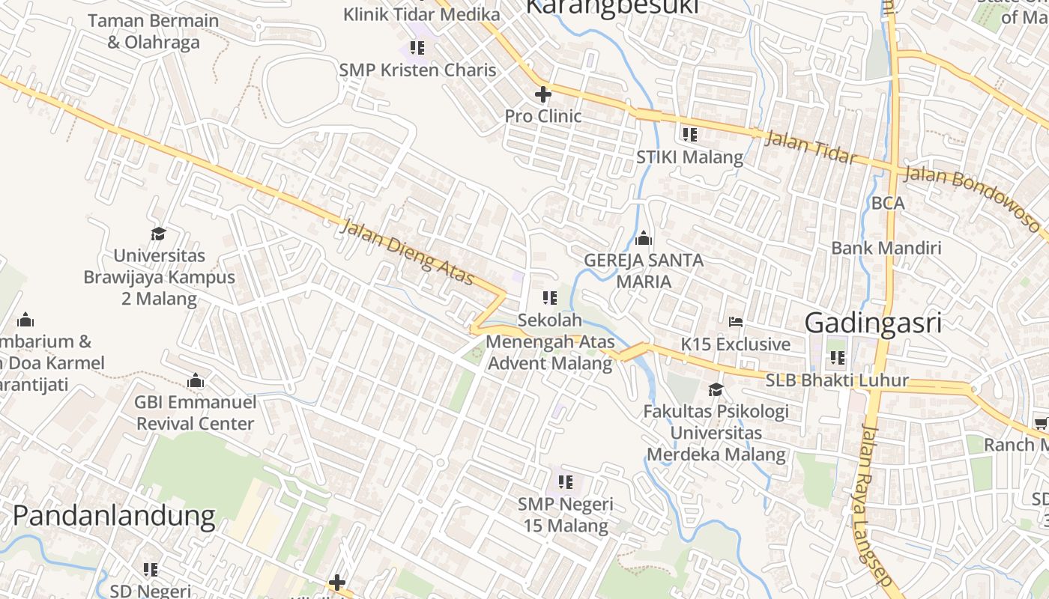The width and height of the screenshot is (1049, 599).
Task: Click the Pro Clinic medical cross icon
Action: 543,94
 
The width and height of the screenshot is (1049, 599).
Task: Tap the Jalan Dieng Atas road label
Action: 407,252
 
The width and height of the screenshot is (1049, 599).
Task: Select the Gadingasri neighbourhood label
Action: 873,323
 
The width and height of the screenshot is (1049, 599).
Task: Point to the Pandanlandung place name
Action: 114,516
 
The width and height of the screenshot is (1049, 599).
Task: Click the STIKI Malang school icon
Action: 690,135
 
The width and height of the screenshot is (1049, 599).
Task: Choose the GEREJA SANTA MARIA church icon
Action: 643,240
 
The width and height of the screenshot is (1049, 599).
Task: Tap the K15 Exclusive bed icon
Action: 736,322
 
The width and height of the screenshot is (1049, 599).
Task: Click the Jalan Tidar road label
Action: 811,146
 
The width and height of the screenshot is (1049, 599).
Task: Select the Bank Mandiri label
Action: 886,248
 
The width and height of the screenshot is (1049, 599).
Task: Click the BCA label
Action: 888,203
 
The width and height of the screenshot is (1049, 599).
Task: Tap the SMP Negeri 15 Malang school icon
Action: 566,481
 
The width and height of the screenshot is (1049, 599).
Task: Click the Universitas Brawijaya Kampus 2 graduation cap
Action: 158,234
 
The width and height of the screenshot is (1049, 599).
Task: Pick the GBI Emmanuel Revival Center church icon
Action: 196,381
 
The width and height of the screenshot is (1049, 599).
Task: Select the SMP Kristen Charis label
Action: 417,70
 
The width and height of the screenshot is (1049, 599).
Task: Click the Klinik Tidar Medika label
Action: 422,14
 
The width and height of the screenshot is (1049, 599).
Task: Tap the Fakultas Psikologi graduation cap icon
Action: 716,389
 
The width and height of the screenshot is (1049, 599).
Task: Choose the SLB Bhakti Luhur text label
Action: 837,380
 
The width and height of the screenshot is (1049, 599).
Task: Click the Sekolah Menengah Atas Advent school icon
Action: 550,298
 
